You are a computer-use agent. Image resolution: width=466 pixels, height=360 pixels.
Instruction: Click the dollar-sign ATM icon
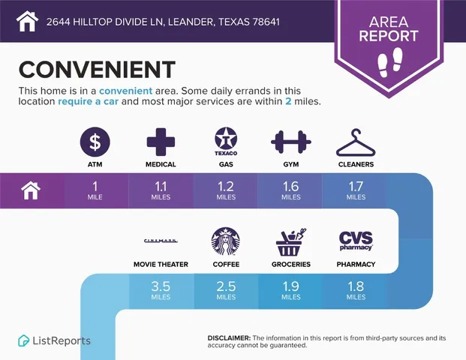tap(95, 142)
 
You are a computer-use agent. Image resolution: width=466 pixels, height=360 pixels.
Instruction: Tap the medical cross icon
tap(161, 142)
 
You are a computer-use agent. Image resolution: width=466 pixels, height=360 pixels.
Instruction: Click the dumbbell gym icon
tap(291, 142)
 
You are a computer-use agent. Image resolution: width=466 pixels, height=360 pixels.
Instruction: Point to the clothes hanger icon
tap(356, 142)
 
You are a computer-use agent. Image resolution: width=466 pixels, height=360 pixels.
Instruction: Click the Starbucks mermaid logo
tap(226, 241)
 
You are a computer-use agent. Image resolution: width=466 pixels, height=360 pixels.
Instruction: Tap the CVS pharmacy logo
tap(356, 241)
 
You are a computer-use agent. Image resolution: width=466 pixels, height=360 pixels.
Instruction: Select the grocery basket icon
tap(291, 242)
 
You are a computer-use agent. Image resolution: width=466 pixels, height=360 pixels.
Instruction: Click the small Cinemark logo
tap(161, 241)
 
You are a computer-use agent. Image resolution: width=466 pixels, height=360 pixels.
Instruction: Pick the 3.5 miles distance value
tap(161, 290)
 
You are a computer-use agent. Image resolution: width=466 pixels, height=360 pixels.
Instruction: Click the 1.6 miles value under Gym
tap(291, 190)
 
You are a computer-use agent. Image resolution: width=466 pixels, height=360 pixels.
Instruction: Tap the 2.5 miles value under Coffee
tap(226, 290)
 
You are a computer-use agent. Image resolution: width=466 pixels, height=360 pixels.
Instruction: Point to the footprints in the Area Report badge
tap(390, 62)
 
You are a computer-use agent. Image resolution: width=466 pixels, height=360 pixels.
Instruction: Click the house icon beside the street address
tap(27, 21)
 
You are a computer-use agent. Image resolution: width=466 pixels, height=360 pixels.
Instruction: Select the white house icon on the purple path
tap(31, 190)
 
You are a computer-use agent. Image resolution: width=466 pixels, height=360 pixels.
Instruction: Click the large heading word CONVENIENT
tap(97, 70)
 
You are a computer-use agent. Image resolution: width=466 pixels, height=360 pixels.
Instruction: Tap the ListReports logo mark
tap(23, 340)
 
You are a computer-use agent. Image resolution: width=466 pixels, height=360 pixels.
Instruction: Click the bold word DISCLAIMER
tap(229, 338)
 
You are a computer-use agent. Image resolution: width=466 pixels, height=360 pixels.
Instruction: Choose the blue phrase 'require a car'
tap(89, 101)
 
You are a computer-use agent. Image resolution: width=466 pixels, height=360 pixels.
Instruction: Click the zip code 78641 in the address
tap(266, 22)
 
